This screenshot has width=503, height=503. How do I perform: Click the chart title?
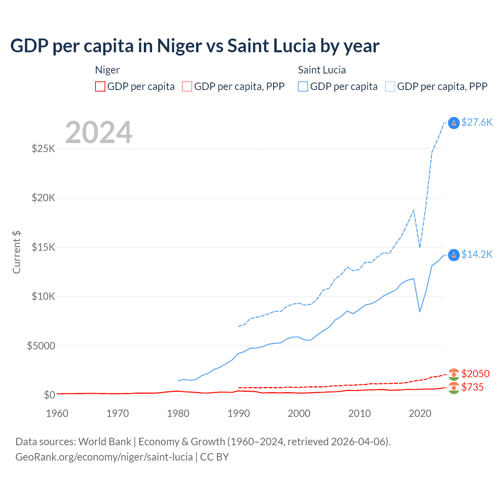[x=195, y=46]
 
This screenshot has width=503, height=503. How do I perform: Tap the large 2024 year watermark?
[x=99, y=132]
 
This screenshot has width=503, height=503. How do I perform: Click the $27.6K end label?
[x=477, y=122]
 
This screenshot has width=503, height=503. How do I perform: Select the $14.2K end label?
[x=477, y=254]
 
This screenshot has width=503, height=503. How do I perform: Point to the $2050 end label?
[x=475, y=373]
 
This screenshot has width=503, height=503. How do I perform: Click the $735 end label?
[x=472, y=387]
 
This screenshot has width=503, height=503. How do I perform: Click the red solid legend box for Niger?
[x=100, y=86]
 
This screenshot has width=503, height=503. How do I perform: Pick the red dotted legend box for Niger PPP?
[x=187, y=86]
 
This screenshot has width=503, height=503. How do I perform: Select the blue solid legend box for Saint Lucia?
[x=303, y=86]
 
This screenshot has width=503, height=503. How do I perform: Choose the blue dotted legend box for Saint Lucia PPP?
[x=390, y=86]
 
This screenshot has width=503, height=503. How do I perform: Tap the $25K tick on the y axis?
[x=43, y=149]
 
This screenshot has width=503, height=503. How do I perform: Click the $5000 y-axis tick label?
[x=41, y=346]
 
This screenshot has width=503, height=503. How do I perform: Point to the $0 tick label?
[x=49, y=395]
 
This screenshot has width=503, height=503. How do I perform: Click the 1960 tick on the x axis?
[x=57, y=413]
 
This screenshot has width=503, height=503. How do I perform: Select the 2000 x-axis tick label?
[x=299, y=413]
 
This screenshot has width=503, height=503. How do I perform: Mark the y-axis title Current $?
[x=17, y=252]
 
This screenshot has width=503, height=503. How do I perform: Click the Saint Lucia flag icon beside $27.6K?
[x=454, y=123]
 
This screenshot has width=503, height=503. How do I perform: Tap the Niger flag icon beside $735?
[x=454, y=388]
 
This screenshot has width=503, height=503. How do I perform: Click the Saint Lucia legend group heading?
[x=322, y=70]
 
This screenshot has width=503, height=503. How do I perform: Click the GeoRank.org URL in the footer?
[x=104, y=457]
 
